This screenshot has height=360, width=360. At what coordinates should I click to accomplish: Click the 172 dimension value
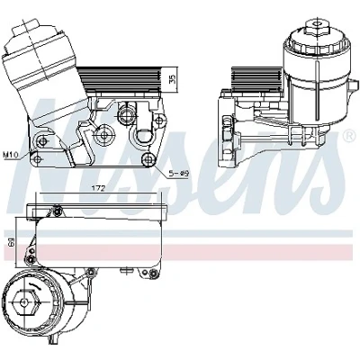click(x=98, y=188)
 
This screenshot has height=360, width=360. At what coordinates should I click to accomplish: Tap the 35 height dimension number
click(x=173, y=79)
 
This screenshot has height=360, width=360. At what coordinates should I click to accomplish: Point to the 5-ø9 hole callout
click(x=180, y=173)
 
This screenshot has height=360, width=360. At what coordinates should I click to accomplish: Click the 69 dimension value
click(x=10, y=243)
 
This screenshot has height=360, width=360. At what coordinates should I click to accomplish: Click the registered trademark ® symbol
click(x=349, y=136)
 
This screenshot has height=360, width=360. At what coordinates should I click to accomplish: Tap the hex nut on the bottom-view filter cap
click(x=24, y=302)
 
